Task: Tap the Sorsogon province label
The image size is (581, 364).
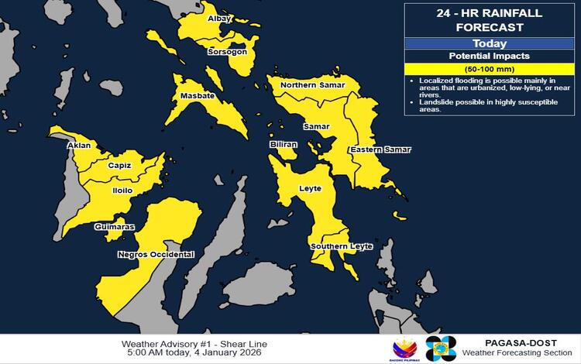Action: click(x=227, y=52)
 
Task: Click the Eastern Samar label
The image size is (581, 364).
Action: click(x=380, y=149)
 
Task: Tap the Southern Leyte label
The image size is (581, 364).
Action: click(x=342, y=246)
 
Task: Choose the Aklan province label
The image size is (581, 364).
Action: click(x=80, y=145)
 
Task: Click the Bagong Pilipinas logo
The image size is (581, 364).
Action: click(x=406, y=348)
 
